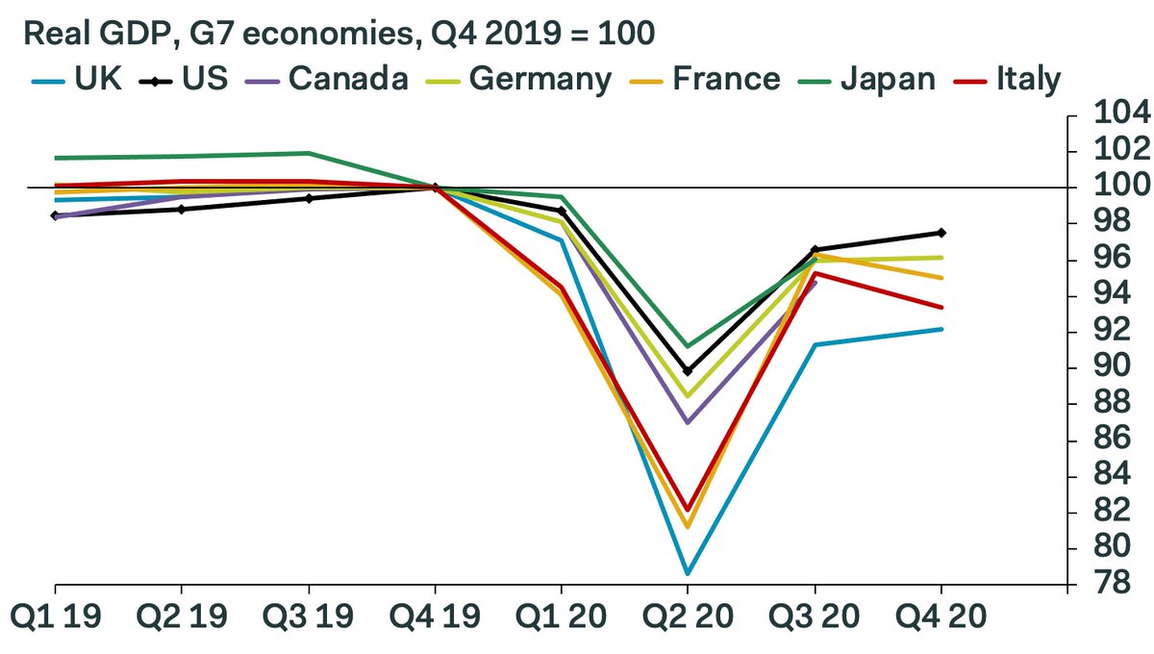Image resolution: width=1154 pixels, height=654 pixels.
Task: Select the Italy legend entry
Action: coord(1023,78)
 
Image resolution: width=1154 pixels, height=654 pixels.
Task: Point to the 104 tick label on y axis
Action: coord(1108,113)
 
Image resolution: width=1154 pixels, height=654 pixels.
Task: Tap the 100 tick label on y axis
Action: coord(1108,187)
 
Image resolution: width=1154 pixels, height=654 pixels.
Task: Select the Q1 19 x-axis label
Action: coord(55,616)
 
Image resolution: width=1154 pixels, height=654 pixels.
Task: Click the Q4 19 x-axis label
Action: coord(435,616)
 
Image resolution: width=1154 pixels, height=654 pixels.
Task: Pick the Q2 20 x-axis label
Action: coord(689,616)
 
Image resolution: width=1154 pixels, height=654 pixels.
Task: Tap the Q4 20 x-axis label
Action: coord(941,616)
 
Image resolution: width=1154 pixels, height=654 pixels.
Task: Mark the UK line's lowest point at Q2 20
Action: coord(689,573)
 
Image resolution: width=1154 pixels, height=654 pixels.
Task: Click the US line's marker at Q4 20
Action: coord(941,233)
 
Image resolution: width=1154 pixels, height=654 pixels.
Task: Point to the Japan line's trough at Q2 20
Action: coord(689,346)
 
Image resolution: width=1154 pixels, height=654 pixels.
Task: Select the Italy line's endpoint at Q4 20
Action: coord(941,308)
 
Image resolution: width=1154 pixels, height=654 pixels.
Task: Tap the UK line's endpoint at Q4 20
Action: coord(941,329)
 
